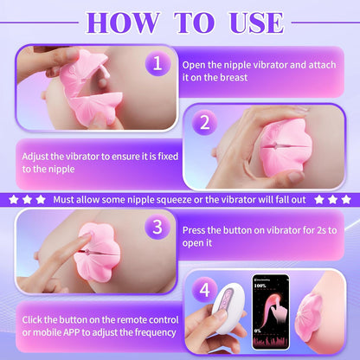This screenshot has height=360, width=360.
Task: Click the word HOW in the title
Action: pos(123,22)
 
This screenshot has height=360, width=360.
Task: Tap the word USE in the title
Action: pos(256,22)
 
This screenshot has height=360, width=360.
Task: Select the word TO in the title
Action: pos(194,22)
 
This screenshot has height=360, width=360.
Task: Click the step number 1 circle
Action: pos(157,63)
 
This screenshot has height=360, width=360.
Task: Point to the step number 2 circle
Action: pos(204,123)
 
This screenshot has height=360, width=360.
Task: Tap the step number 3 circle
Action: pos(157,227)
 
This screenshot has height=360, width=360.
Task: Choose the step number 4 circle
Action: pos(204,289)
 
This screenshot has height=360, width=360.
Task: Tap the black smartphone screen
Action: pos(271,312)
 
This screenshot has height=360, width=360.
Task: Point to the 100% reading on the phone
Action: pos(260,286)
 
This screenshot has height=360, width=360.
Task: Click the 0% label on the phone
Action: pos(258,331)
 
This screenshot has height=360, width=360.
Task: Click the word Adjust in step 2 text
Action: pos(35,157)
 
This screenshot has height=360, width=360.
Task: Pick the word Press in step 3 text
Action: pos(194,230)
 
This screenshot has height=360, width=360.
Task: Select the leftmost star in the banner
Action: pos(13,199)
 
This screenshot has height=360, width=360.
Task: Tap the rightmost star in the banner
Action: pos(346,199)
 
